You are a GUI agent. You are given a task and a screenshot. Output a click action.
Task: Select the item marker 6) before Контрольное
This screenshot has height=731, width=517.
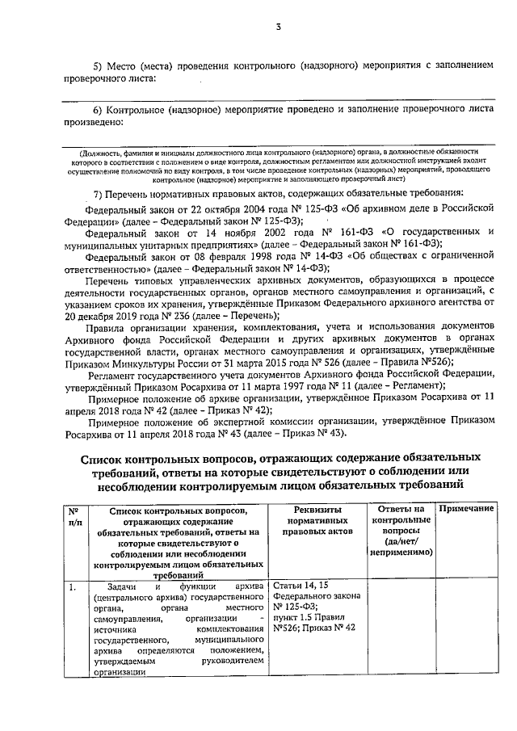click(99, 109)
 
